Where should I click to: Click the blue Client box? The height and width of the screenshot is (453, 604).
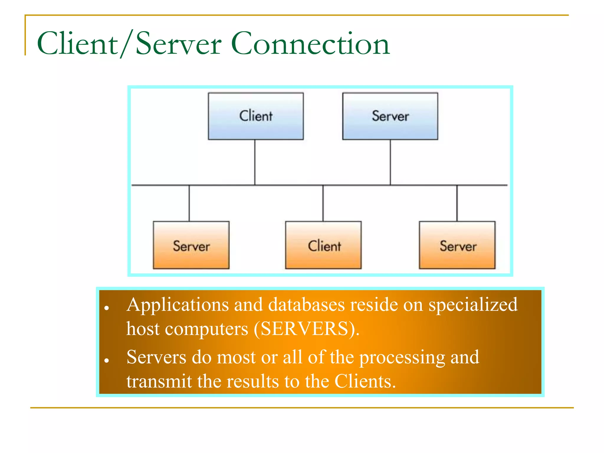pyautogui.click(x=256, y=116)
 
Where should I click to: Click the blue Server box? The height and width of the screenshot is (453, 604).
pyautogui.click(x=390, y=116)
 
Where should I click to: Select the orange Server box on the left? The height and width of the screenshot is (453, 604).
pyautogui.click(x=191, y=245)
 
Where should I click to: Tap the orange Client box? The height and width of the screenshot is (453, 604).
pyautogui.click(x=323, y=245)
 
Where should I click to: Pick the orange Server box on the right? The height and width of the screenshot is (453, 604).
pyautogui.click(x=457, y=245)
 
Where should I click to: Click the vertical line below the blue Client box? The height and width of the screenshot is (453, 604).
pyautogui.click(x=255, y=162)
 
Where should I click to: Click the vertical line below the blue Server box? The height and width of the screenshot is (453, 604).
pyautogui.click(x=390, y=162)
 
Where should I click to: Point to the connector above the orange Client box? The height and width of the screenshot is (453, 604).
pyautogui.click(x=323, y=203)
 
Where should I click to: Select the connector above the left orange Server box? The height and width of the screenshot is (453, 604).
pyautogui.click(x=189, y=203)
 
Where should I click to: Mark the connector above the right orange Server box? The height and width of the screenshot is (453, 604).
pyautogui.click(x=457, y=203)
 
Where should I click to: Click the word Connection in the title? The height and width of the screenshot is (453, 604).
pyautogui.click(x=311, y=44)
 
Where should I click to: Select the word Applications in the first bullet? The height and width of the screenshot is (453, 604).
pyautogui.click(x=178, y=305)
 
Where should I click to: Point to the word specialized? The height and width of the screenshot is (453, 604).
pyautogui.click(x=473, y=305)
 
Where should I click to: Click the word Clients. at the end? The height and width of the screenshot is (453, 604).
pyautogui.click(x=365, y=381)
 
